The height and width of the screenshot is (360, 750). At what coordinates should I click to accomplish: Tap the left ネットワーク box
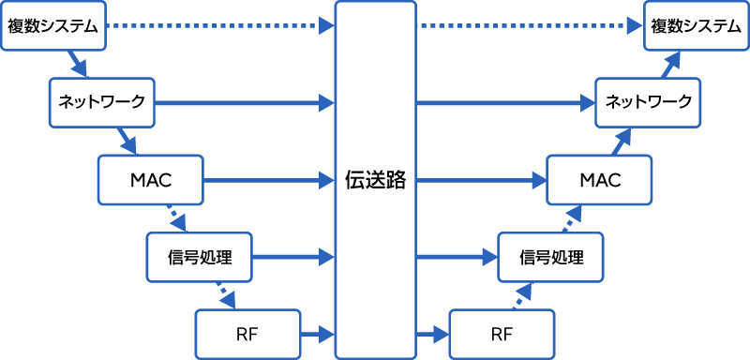[101, 101]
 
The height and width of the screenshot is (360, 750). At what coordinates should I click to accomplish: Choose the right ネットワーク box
[648, 101]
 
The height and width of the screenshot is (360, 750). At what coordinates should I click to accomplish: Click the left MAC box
[150, 179]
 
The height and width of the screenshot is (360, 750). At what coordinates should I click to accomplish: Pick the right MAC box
[599, 179]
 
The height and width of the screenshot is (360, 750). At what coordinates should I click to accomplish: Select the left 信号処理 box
[200, 256]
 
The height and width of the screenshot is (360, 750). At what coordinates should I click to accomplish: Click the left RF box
[247, 334]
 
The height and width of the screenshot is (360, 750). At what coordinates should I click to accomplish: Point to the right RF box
[502, 334]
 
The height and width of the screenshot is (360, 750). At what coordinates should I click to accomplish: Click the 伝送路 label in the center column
[375, 180]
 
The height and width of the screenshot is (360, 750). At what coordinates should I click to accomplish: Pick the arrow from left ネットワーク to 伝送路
[244, 101]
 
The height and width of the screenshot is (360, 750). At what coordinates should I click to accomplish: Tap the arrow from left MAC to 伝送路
[268, 179]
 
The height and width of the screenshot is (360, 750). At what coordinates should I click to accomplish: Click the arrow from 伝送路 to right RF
[432, 334]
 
